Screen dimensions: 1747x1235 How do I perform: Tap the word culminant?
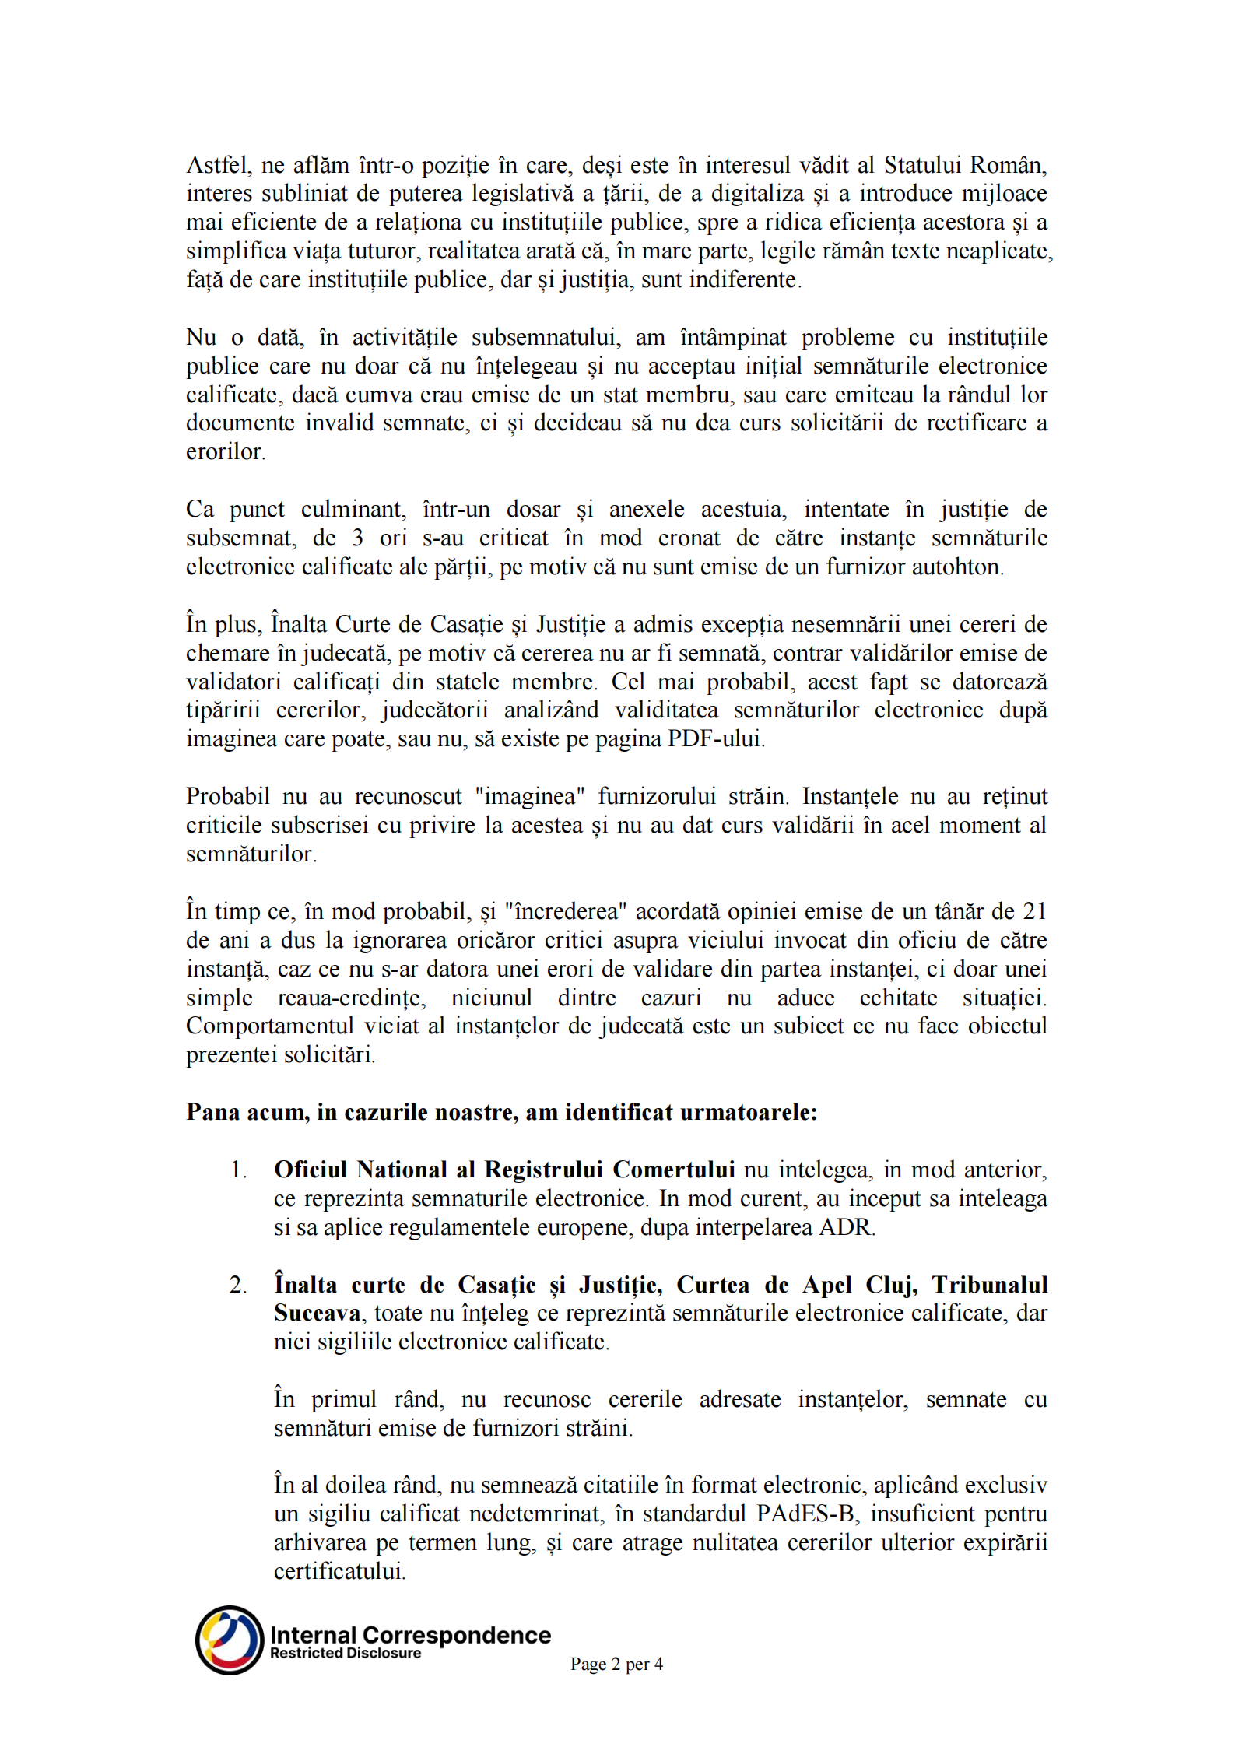[x=353, y=510]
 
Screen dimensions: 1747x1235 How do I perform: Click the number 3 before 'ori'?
[x=357, y=538]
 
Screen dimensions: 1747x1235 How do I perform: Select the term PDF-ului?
[x=717, y=739]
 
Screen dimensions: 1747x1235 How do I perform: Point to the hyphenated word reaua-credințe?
[x=352, y=998]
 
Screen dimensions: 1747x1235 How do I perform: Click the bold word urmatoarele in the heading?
[x=749, y=1113]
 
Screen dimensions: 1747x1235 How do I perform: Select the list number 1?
[x=238, y=1170]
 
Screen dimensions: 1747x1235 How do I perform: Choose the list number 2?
[x=238, y=1285]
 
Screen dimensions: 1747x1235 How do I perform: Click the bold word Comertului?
[x=673, y=1170]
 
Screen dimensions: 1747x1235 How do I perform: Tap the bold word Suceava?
[x=317, y=1314]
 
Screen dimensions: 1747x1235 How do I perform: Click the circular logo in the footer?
[x=230, y=1640]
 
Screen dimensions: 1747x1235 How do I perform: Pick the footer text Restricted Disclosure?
[x=346, y=1653]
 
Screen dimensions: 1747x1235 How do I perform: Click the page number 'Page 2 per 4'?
[x=616, y=1664]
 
